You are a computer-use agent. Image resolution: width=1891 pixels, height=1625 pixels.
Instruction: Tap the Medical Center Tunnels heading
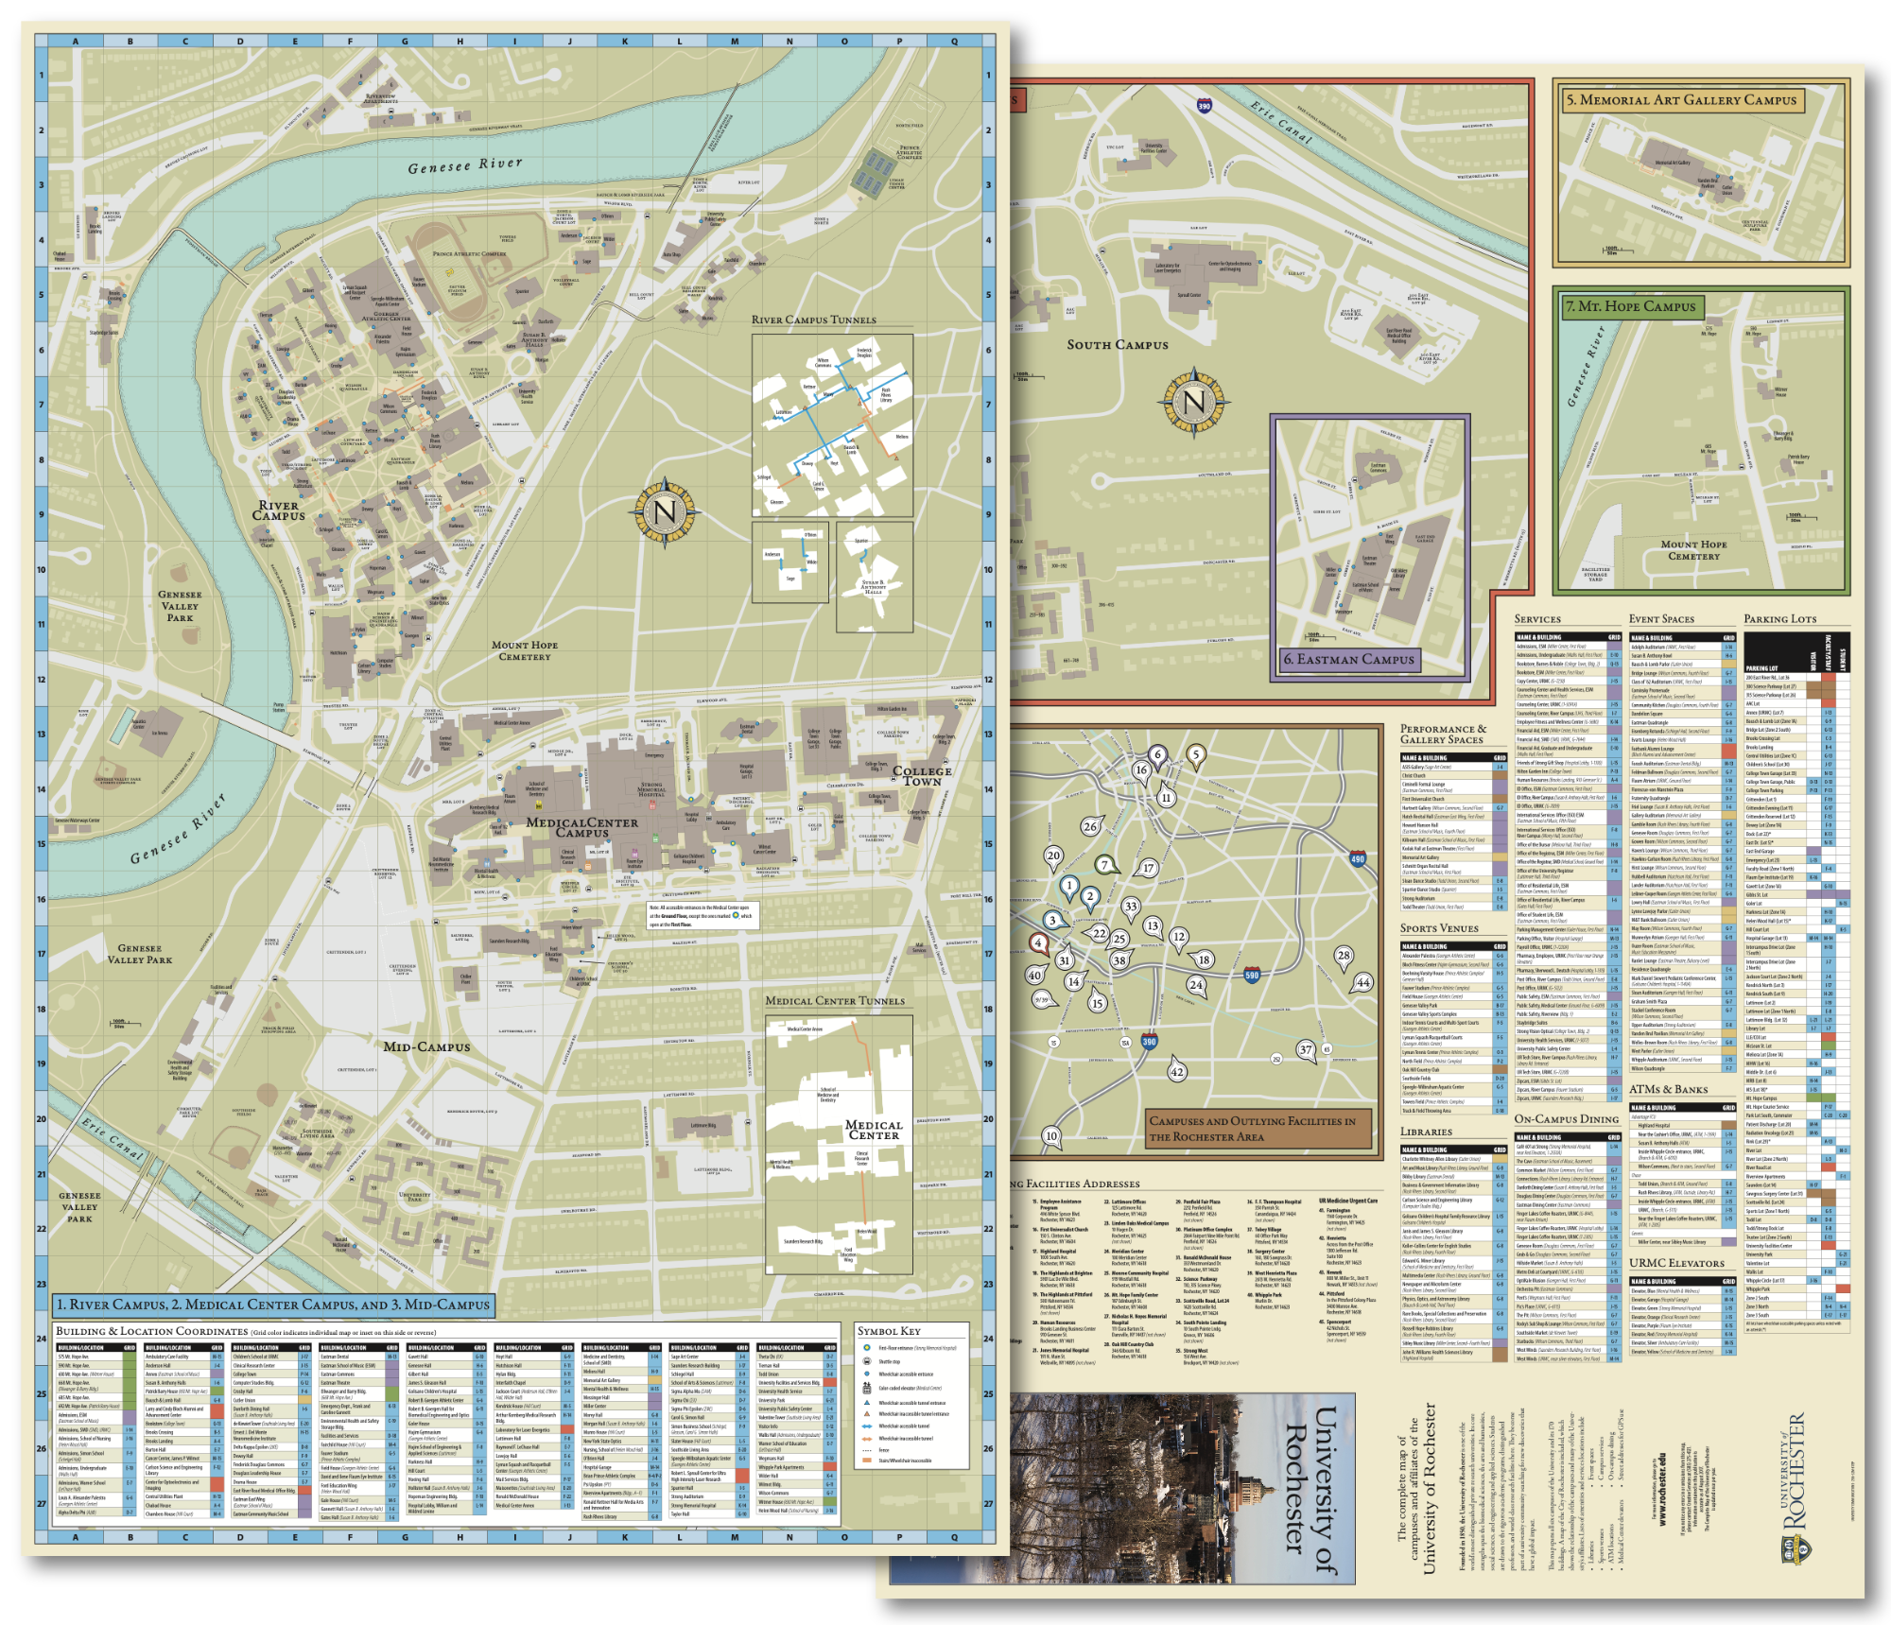(x=835, y=1000)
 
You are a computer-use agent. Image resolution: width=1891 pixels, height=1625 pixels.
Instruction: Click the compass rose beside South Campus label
(x=1193, y=403)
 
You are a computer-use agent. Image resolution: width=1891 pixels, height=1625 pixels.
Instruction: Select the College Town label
(x=922, y=776)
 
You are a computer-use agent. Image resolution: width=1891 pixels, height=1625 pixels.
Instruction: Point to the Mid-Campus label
(x=426, y=1046)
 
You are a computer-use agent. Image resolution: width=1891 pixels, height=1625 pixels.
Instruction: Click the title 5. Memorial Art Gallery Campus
(x=1681, y=100)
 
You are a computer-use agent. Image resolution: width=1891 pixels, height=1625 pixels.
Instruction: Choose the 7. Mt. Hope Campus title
(x=1631, y=306)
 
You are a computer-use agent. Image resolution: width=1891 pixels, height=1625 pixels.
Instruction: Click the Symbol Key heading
(x=888, y=1330)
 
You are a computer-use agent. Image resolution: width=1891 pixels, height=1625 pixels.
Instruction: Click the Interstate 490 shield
(x=1358, y=858)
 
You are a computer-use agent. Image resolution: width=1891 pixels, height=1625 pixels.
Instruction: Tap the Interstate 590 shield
(x=1251, y=975)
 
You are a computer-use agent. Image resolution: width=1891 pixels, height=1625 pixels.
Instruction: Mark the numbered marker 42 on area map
(x=1177, y=1071)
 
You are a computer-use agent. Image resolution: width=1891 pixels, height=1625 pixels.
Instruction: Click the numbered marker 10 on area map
(x=1051, y=1135)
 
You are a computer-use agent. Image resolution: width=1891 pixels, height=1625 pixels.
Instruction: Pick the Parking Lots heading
(x=1779, y=618)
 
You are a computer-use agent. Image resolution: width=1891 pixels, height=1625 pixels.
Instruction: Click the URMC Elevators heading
(x=1676, y=1263)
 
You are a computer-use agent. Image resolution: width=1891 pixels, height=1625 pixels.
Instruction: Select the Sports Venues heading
(x=1439, y=928)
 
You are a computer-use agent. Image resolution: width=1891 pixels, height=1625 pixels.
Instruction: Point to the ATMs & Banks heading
(x=1668, y=1089)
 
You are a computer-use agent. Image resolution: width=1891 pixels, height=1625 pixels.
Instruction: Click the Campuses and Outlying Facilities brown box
(x=1252, y=1129)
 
